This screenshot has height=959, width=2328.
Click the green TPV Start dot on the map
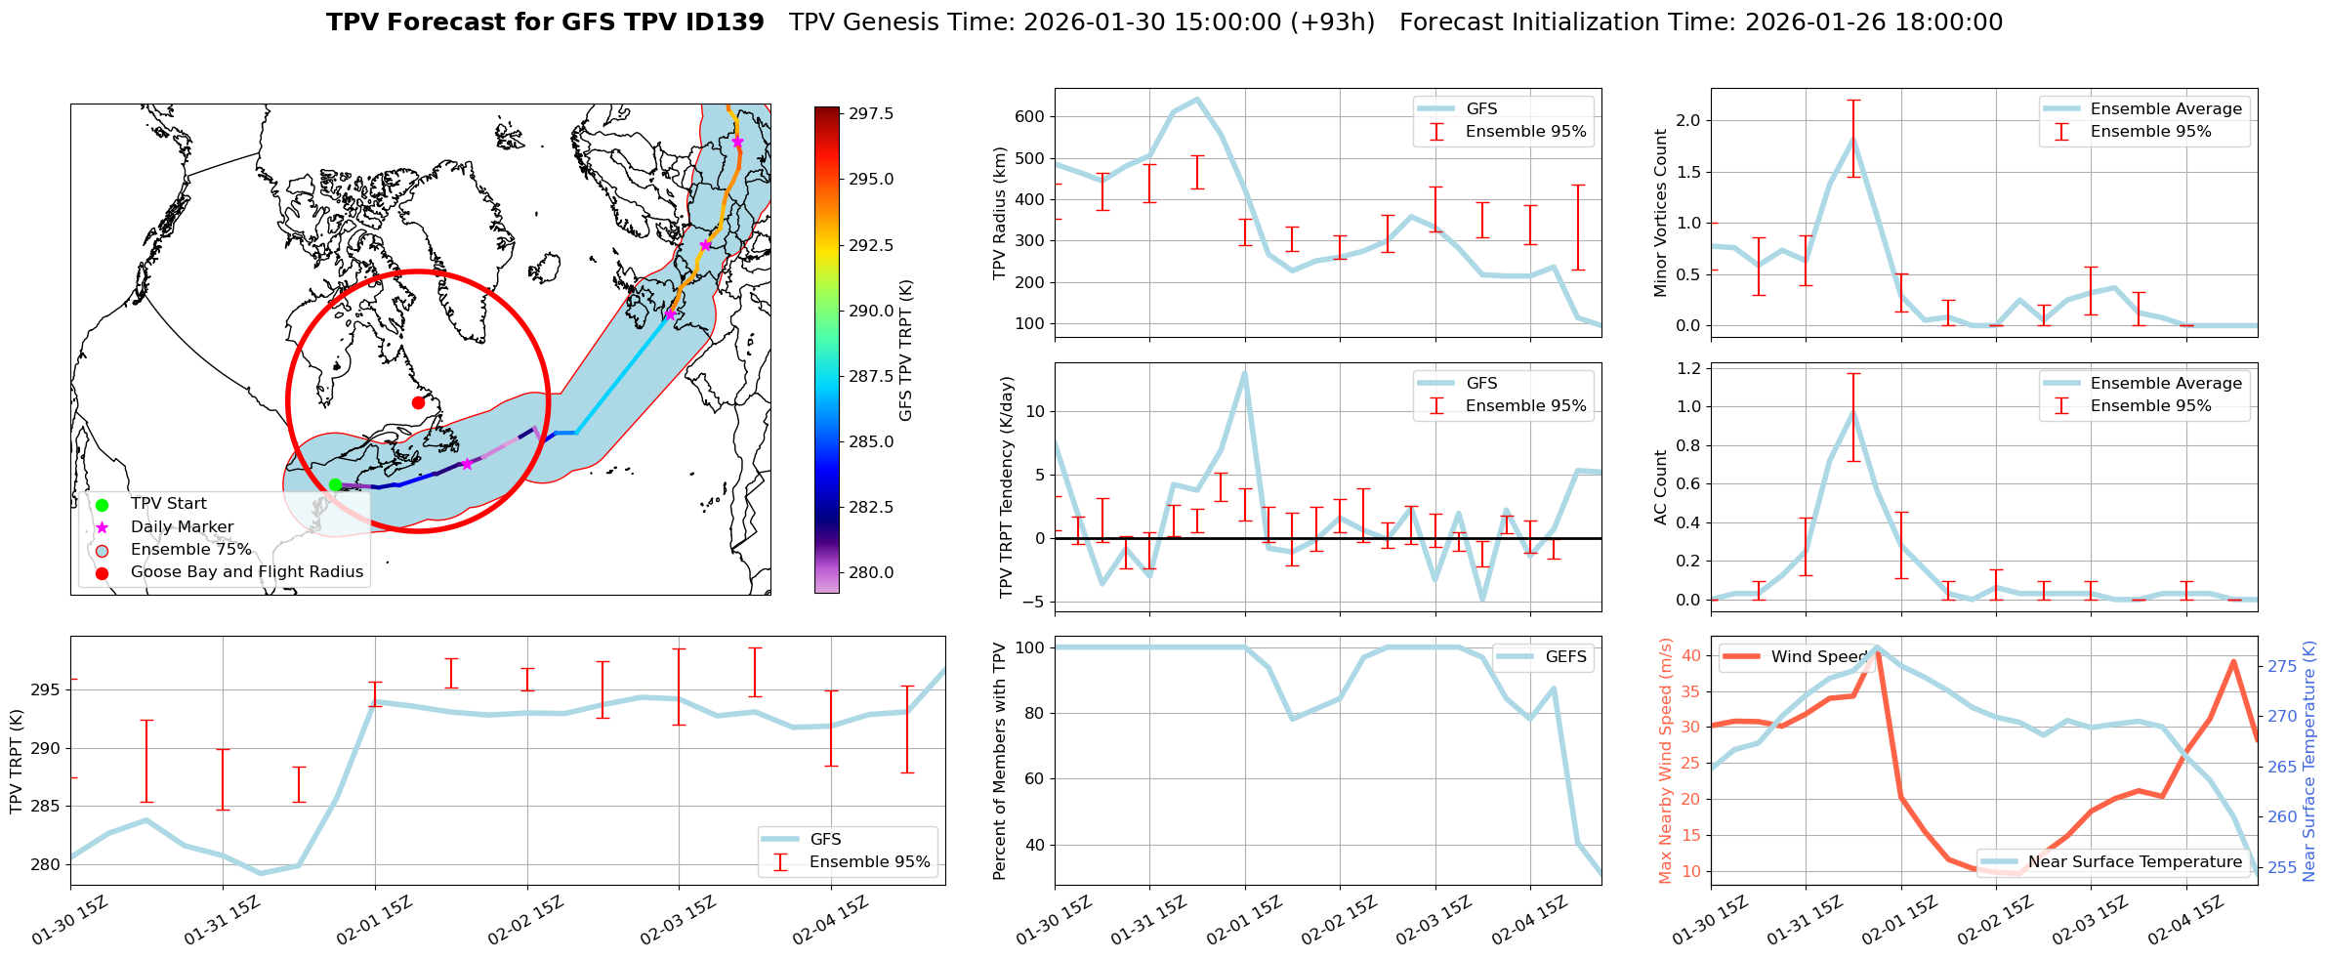335,484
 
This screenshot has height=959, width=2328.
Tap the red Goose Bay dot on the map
418,402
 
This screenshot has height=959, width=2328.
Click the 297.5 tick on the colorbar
871,114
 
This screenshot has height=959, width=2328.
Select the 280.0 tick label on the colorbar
871,573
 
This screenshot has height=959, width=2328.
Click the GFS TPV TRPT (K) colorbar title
906,351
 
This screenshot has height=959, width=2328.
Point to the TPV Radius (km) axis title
999,213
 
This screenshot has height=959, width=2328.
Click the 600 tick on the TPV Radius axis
1031,116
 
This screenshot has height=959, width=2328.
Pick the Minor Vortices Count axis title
1660,213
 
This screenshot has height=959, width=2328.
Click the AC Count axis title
1660,487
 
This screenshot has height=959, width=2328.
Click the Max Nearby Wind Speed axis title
1665,761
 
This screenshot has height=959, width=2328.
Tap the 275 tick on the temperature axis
2282,667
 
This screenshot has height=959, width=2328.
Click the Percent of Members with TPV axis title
999,761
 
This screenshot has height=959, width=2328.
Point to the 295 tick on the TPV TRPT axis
48,690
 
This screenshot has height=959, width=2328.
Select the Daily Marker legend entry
182,527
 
